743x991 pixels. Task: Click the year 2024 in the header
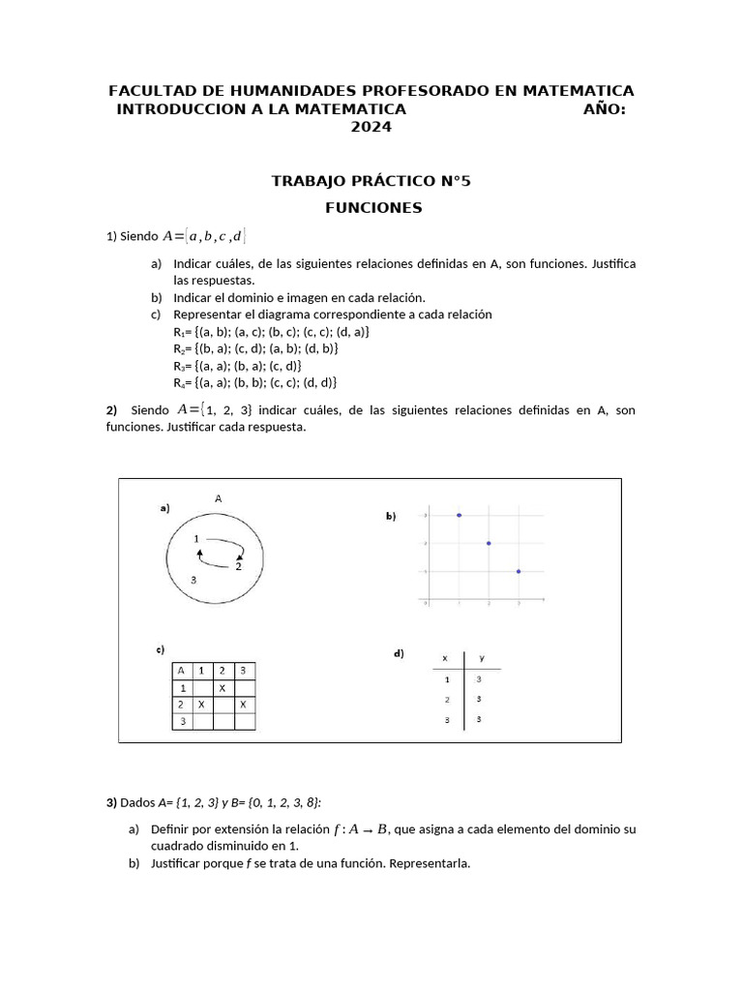371,127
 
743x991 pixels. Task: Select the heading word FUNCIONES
372,207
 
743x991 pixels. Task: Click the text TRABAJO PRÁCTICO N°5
371,181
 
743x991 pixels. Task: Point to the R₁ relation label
179,331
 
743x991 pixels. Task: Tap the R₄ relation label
179,381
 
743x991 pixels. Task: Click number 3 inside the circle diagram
194,580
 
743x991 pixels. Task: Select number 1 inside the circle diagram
196,538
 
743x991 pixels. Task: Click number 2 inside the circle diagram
238,568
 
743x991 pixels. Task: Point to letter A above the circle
219,498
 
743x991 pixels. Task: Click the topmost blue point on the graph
459,515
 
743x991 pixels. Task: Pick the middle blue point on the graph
489,543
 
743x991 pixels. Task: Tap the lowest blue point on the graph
519,571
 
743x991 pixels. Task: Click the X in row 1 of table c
222,687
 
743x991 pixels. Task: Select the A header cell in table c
181,670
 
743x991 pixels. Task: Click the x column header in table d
445,658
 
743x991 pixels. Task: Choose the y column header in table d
482,658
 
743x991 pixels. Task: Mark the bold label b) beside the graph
391,517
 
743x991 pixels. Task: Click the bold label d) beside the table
399,654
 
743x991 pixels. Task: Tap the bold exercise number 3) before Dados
111,802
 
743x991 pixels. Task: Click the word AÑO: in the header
604,109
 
